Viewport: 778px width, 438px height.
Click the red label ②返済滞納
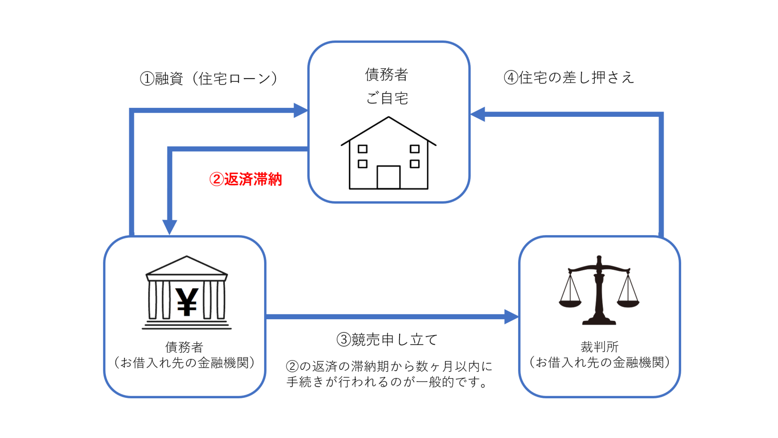point(246,179)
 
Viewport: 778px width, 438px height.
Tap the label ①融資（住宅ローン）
point(209,79)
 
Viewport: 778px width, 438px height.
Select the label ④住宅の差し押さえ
point(569,77)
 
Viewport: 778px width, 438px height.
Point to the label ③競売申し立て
point(387,339)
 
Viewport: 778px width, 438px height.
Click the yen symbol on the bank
point(186,302)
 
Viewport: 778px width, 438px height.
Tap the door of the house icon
point(389,177)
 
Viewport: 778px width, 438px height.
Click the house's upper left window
point(363,149)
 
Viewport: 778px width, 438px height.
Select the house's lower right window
point(415,164)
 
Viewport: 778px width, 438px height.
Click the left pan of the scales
point(570,303)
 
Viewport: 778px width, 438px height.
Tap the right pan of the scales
point(628,303)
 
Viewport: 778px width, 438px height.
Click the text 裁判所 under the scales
point(600,347)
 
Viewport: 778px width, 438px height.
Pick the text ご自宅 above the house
point(387,98)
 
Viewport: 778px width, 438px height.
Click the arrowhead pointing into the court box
point(511,317)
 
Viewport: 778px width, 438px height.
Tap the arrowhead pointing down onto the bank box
point(170,227)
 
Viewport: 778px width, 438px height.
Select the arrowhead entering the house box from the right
point(478,114)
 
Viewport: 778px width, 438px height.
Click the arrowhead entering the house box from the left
point(301,110)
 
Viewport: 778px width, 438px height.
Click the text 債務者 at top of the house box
point(387,75)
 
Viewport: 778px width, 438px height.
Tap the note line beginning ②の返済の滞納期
point(389,366)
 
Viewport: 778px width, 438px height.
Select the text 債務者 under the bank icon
point(184,347)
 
